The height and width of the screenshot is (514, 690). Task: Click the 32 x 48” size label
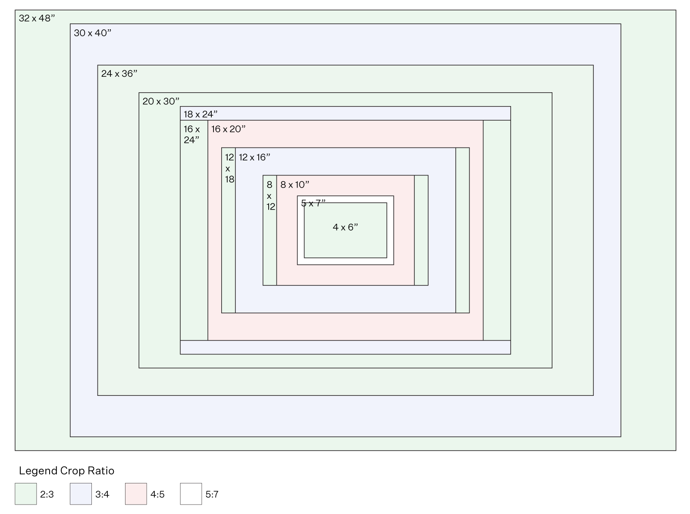click(x=37, y=19)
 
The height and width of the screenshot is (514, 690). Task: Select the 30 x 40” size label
click(x=93, y=33)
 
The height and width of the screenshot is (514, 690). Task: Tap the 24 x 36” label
click(x=119, y=74)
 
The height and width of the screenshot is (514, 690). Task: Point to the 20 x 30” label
click(x=161, y=101)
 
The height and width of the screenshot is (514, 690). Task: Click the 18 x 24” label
click(x=201, y=114)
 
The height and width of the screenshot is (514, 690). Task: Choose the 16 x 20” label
click(x=228, y=129)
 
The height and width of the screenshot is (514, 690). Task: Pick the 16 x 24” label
click(x=192, y=135)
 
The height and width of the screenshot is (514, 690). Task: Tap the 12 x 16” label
click(x=254, y=157)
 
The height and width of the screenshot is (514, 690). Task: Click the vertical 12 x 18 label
click(x=229, y=168)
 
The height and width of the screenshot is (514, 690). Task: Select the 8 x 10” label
click(x=295, y=185)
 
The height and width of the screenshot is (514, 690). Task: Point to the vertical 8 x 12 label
click(x=270, y=196)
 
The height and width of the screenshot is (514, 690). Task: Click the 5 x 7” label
click(x=313, y=203)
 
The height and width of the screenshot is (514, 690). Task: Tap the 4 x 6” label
click(x=345, y=227)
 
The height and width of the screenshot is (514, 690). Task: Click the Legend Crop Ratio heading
click(x=67, y=470)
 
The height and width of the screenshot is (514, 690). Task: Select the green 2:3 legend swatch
click(x=26, y=494)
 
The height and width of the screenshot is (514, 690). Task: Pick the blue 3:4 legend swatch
click(x=81, y=494)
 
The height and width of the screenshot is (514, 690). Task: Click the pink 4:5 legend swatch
click(x=136, y=494)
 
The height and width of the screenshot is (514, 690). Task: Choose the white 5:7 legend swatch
click(x=191, y=494)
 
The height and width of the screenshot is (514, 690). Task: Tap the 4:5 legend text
click(x=157, y=495)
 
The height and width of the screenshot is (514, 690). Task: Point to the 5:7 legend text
click(x=212, y=495)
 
